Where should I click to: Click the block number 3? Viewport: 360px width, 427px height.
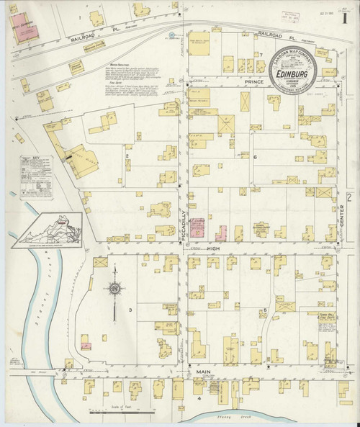point(130,309)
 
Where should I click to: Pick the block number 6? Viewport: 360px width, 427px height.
point(256,156)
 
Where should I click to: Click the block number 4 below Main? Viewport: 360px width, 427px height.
point(197,397)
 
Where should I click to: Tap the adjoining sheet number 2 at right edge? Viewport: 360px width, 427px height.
point(348,197)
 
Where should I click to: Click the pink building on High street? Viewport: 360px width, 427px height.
point(221,232)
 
